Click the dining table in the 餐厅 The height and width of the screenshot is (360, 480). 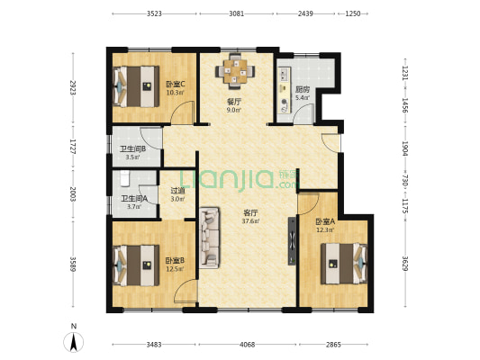235,72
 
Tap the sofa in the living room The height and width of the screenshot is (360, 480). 210,238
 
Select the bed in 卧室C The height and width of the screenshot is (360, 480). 136,86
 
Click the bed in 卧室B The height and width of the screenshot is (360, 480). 136,265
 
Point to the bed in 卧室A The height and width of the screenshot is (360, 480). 344,264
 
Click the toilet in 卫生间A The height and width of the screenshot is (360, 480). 125,178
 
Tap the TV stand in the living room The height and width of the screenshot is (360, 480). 292,241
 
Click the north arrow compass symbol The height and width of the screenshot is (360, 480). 74,342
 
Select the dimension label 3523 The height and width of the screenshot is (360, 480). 154,13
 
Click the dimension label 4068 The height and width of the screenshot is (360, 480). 247,345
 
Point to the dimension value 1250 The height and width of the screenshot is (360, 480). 353,13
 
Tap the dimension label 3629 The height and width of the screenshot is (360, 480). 405,263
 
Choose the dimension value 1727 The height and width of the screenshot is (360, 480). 73,147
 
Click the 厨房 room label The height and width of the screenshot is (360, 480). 303,90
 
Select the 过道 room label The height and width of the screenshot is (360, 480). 177,191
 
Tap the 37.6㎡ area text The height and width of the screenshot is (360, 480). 250,220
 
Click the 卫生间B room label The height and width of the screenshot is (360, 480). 132,149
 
